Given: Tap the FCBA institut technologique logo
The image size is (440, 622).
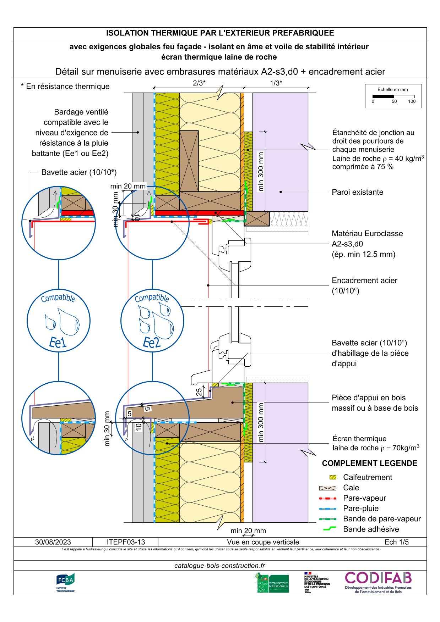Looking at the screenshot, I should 65,582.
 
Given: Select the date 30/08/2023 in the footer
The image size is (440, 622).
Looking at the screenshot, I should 53,542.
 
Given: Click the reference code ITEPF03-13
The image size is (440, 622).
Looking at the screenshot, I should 126,542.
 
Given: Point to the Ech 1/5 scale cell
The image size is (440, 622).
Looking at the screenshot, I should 396,542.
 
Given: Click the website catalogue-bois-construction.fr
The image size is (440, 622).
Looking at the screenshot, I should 219,566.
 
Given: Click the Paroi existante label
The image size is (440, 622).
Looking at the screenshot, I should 357,192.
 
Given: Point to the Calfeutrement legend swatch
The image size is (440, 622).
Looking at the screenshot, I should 333,477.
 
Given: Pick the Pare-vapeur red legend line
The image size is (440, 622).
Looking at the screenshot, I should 328,498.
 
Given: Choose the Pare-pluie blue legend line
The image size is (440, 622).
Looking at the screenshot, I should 328,509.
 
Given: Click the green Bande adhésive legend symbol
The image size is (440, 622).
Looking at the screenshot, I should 330,529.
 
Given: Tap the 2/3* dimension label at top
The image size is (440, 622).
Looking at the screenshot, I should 199,83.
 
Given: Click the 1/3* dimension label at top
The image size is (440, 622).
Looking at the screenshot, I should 276,83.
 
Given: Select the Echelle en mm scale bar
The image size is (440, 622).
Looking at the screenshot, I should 393,96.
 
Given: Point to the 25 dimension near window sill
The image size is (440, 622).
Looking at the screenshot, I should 199,392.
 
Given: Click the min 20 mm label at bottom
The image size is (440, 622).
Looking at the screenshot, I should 248,531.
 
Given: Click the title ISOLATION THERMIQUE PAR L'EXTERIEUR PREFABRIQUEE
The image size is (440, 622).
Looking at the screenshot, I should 220,33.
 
